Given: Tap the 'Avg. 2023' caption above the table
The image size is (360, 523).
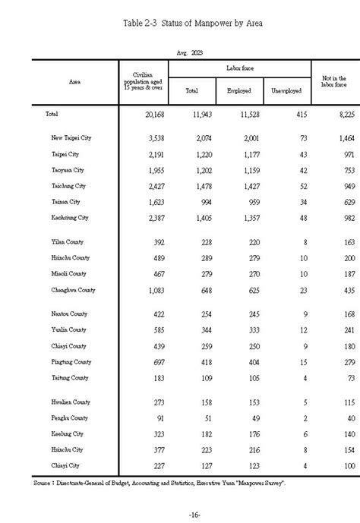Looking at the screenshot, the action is click(x=189, y=52).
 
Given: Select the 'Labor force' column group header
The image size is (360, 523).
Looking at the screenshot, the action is click(x=239, y=68).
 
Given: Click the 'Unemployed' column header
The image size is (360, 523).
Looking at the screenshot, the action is click(x=286, y=91).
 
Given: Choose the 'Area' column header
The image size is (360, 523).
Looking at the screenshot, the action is click(x=75, y=80).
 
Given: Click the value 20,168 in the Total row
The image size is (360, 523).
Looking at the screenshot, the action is click(x=145, y=114).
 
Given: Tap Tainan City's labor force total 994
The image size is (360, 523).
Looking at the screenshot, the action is click(x=200, y=203).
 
